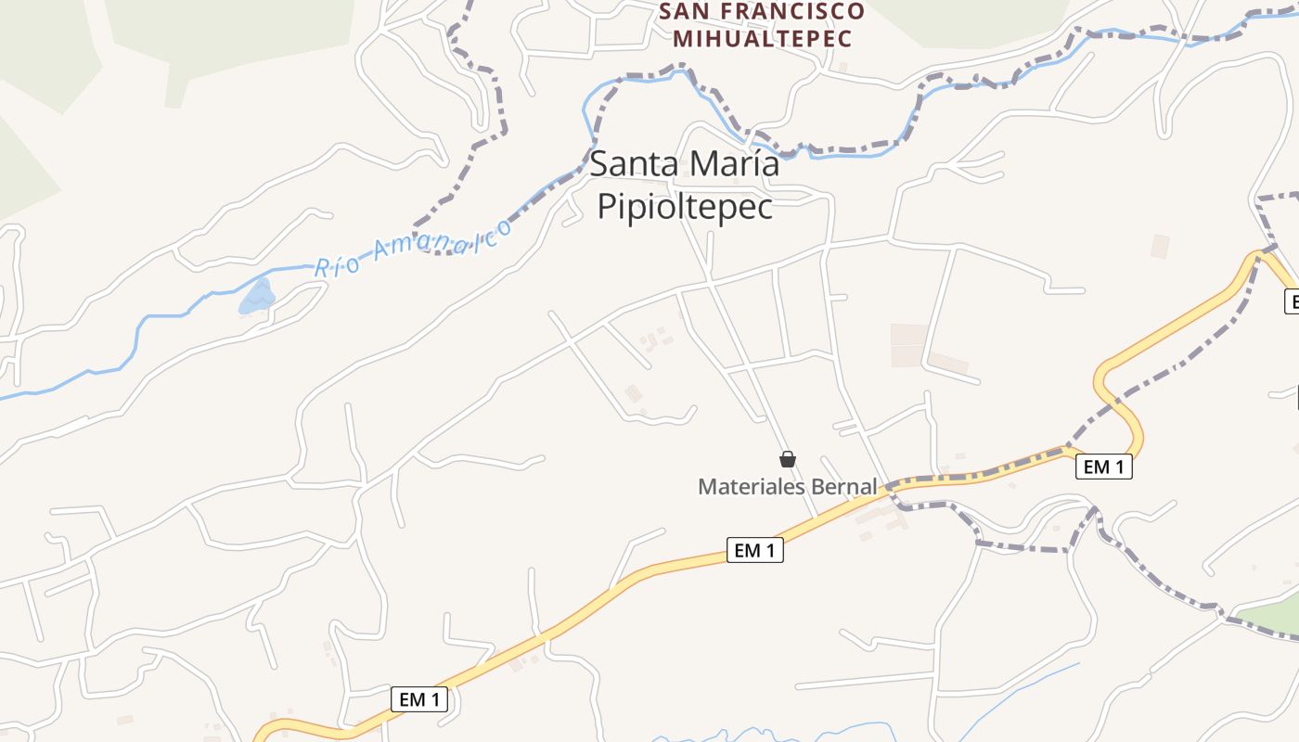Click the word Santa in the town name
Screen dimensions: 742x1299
click(632, 165)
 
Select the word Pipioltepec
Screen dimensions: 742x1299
click(685, 207)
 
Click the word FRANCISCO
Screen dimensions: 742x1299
click(795, 12)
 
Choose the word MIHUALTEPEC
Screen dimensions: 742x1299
click(763, 39)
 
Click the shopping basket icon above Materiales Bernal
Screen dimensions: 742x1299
click(788, 459)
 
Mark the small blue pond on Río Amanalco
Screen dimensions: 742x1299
click(257, 297)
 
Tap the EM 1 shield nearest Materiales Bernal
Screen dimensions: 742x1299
click(754, 551)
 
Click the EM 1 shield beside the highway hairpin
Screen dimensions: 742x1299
click(1103, 467)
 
